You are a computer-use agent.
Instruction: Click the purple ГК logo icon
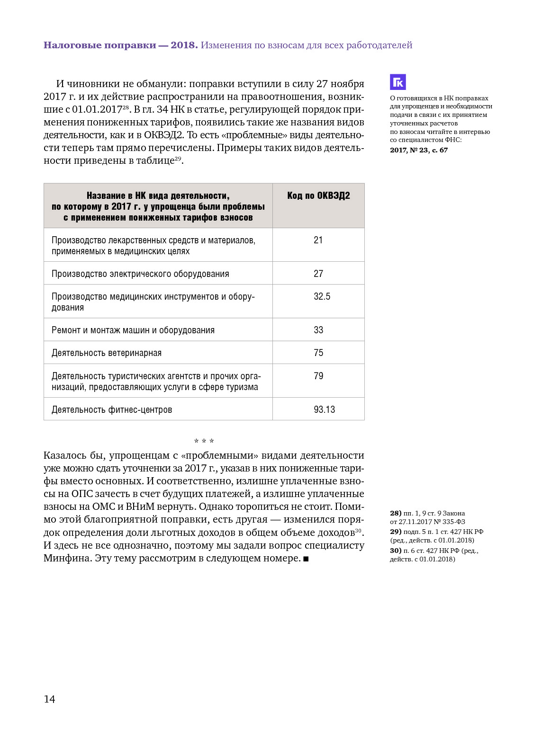398,82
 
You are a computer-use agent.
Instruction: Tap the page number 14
49,699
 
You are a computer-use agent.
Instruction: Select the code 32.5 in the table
322,297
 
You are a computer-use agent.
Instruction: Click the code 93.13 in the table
324,409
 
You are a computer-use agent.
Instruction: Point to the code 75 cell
318,353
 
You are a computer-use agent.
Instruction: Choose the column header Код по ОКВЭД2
318,196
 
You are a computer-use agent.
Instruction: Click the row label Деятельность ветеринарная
107,353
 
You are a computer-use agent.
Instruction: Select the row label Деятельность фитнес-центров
112,410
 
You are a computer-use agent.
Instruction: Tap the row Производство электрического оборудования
140,274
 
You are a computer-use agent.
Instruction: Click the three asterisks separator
204,441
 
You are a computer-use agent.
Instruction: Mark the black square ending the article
306,559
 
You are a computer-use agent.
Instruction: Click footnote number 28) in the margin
396,513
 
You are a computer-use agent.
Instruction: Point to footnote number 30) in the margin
396,551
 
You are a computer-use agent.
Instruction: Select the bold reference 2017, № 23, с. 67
419,150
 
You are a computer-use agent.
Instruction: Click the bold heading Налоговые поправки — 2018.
120,45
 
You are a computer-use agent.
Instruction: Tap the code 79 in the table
318,376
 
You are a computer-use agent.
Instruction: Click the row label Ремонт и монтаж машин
133,330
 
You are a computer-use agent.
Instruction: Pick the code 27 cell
318,274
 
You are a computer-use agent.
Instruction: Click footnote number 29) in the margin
396,532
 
